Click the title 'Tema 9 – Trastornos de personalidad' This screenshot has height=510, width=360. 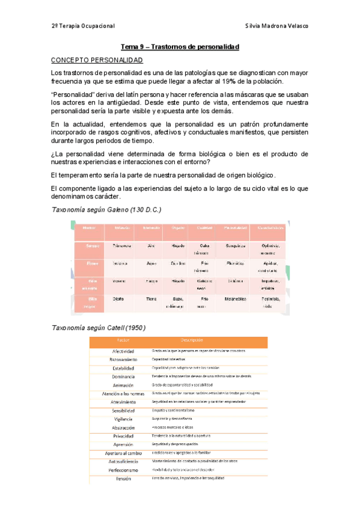tap(180, 46)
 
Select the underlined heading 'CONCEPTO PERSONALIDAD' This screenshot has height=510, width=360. tap(97, 60)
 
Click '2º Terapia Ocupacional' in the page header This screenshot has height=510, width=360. tap(83, 26)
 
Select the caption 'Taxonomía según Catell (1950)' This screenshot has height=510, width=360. tap(98, 327)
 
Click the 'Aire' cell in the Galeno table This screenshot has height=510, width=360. tap(151, 247)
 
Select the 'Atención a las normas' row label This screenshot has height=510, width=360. tap(123, 393)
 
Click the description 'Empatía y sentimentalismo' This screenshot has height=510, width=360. tap(177, 410)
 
